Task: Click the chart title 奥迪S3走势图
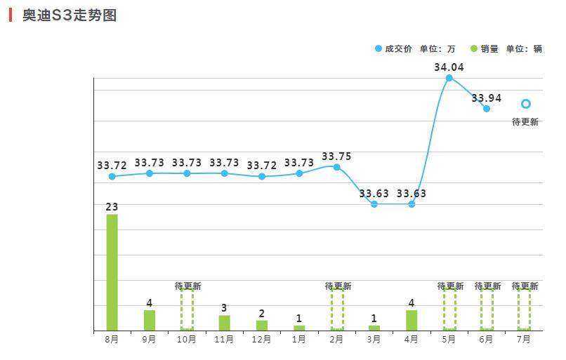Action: [69, 15]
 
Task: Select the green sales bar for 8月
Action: [112, 272]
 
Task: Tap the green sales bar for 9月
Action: [150, 320]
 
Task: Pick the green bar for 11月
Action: [225, 323]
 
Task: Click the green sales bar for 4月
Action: [412, 320]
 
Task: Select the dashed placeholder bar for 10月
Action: [187, 309]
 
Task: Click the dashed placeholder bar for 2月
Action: [337, 309]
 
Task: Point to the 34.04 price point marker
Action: [449, 78]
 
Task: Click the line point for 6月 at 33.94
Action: [486, 109]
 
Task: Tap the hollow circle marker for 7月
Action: [525, 104]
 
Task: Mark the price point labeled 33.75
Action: [337, 167]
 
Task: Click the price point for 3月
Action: [374, 204]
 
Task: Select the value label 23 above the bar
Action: [112, 207]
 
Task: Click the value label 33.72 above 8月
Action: [112, 166]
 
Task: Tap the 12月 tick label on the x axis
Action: [262, 340]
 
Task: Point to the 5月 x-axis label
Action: [449, 340]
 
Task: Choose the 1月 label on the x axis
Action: [299, 340]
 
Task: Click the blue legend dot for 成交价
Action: [379, 49]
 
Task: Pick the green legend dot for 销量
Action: [473, 49]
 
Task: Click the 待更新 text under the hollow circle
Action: [525, 121]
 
